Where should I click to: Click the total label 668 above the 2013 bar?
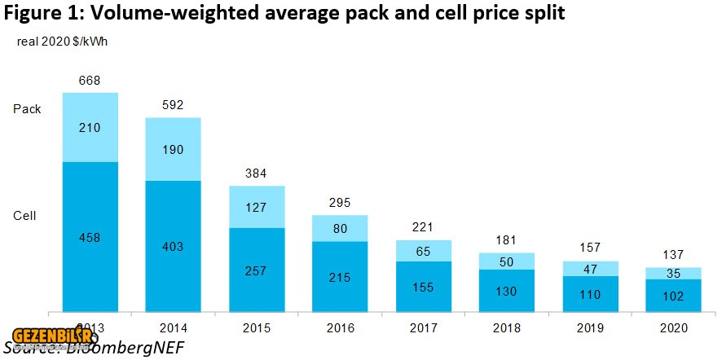click(x=90, y=80)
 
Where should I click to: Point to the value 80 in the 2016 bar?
click(x=341, y=228)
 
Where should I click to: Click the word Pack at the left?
click(x=27, y=109)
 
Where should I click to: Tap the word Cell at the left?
click(x=25, y=216)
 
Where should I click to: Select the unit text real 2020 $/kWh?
click(x=62, y=42)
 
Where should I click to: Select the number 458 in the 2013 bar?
click(x=90, y=236)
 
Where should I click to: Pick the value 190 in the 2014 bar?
click(x=173, y=149)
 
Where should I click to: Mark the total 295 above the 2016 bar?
click(x=341, y=201)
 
